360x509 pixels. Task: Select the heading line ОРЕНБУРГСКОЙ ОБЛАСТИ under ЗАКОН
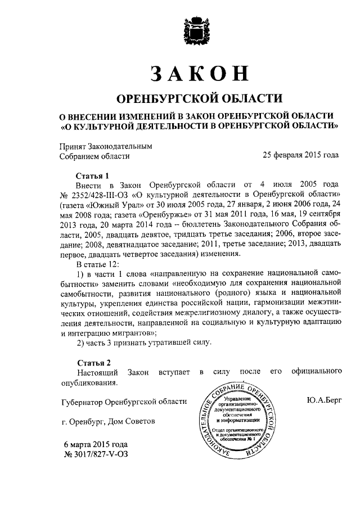(x=199, y=98)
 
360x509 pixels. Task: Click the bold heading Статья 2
(x=91, y=362)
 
